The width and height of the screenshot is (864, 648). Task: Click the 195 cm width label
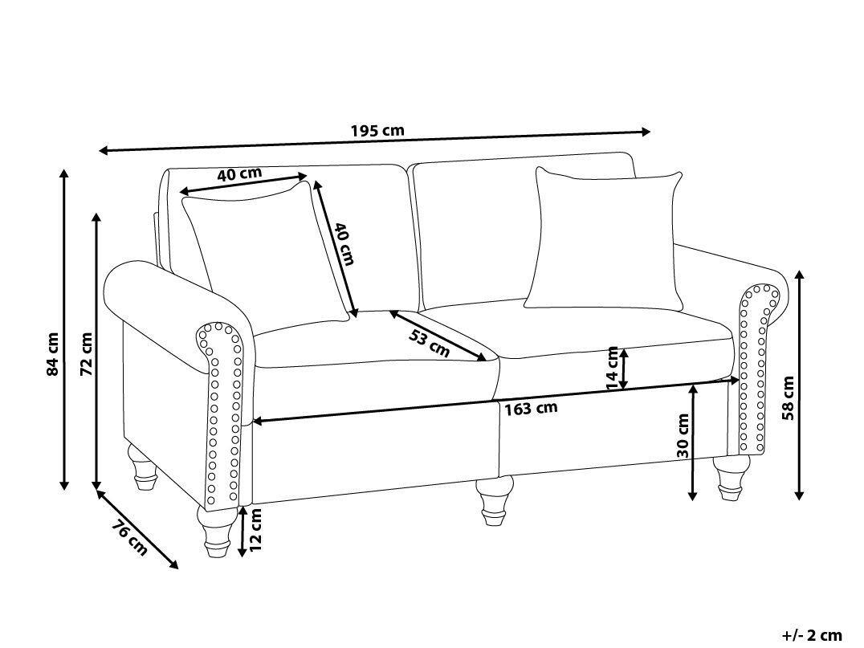pyautogui.click(x=377, y=131)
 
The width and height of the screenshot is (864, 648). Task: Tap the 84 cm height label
pyautogui.click(x=53, y=354)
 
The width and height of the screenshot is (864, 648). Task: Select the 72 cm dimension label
pyautogui.click(x=87, y=354)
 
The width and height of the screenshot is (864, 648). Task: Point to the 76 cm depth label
pyautogui.click(x=129, y=539)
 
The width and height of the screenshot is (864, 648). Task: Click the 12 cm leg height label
pyautogui.click(x=256, y=530)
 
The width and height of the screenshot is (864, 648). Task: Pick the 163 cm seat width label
pyautogui.click(x=531, y=408)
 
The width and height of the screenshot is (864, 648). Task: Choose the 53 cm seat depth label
pyautogui.click(x=429, y=343)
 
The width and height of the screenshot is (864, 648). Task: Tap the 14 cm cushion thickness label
pyautogui.click(x=613, y=369)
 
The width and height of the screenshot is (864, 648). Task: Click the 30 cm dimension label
pyautogui.click(x=683, y=435)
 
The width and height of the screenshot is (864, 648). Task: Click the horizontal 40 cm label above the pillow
pyautogui.click(x=239, y=173)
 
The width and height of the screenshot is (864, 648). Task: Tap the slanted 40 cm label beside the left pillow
pyautogui.click(x=343, y=244)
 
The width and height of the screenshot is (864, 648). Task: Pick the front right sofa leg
pyautogui.click(x=728, y=479)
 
